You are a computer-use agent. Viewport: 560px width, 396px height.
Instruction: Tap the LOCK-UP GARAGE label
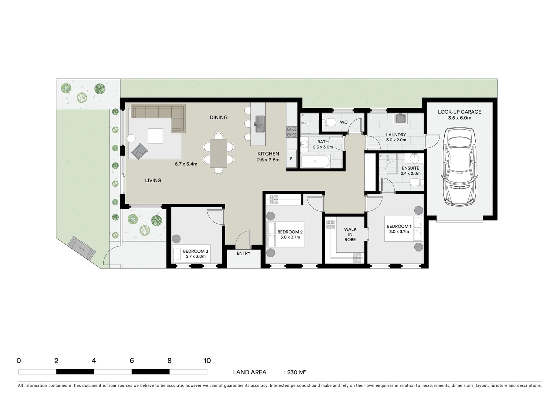coord(459,112)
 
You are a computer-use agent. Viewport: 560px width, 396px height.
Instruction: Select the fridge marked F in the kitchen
coord(291,159)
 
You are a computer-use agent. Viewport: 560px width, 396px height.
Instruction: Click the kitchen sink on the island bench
coord(260,124)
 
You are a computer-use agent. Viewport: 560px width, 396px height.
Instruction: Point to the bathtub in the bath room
coord(315,161)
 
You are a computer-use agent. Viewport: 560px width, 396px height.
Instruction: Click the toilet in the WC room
coord(330,122)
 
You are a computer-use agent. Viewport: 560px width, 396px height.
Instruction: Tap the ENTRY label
coord(244,253)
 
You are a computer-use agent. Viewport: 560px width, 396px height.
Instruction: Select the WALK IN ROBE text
coord(350,235)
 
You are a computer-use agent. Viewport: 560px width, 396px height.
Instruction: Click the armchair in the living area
coord(139,151)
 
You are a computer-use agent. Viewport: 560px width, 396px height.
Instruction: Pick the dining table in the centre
coord(218,153)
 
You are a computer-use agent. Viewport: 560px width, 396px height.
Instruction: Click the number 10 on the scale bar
coord(207,361)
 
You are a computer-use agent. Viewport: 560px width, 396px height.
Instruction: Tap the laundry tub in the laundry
coord(400,118)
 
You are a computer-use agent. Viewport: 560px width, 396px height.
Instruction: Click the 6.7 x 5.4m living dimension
coord(186,164)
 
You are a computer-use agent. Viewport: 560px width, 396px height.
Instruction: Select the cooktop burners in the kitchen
coord(291,132)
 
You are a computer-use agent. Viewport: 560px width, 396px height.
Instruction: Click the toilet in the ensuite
coord(416,182)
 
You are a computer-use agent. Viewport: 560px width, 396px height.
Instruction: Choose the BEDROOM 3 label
coord(196,251)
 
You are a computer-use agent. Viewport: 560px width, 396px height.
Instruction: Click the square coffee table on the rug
coord(155,136)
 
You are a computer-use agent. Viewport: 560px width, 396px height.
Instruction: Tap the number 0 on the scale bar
coord(19,361)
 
